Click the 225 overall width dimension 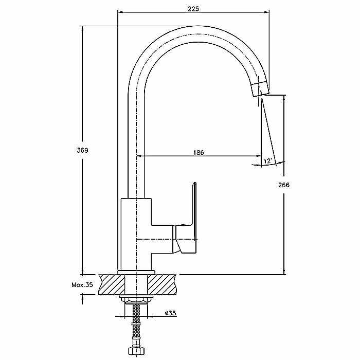click(193, 8)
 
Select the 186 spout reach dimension click(199, 153)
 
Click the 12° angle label click(267, 161)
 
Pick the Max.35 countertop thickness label click(82, 284)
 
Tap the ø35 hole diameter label click(171, 313)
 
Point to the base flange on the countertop click(136, 272)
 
